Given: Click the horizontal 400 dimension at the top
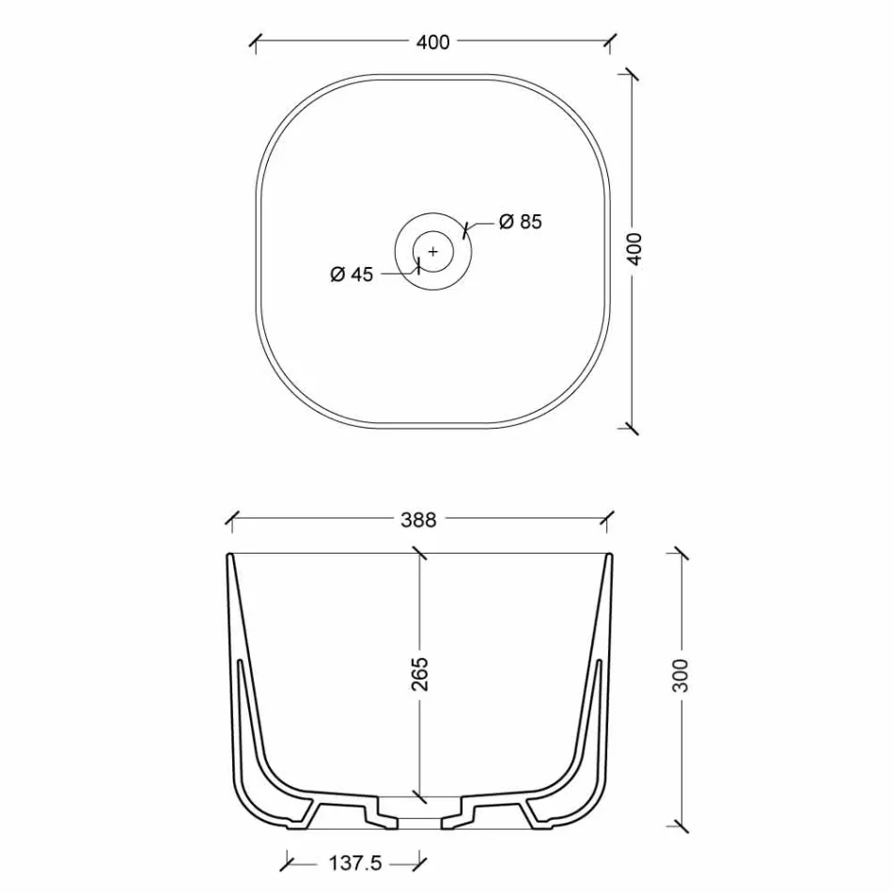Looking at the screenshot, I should (x=432, y=41).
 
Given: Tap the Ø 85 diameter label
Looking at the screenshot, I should (x=521, y=222).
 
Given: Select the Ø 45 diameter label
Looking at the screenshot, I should (x=352, y=274).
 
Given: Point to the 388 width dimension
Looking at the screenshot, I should (x=418, y=519).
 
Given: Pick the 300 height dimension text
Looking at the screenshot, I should (x=681, y=675).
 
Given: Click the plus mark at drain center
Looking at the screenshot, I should (x=432, y=251).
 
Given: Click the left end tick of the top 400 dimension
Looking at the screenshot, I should (x=256, y=41).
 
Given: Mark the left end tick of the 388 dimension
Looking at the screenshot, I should (x=230, y=518).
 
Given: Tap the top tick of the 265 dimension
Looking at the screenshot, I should (x=420, y=554).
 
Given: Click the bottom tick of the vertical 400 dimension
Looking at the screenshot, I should (x=633, y=428).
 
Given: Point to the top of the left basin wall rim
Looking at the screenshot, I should (x=230, y=557).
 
